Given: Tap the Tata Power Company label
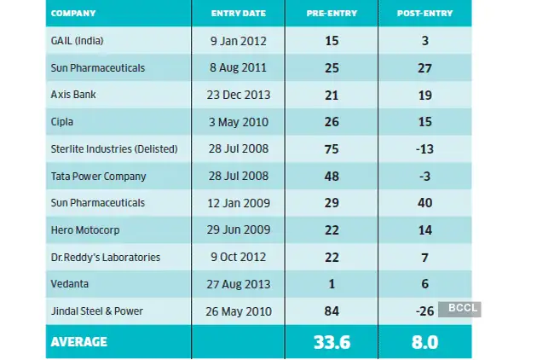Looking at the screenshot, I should pyautogui.click(x=99, y=176).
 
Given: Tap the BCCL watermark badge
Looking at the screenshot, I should pyautogui.click(x=459, y=308).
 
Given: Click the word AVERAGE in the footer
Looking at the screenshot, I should pyautogui.click(x=78, y=341).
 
